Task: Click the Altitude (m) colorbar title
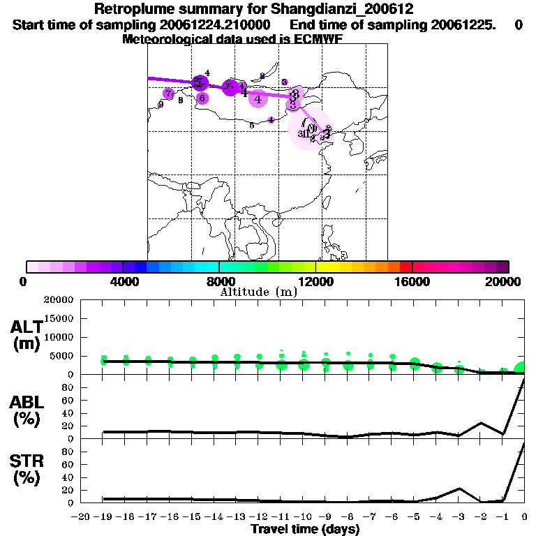pos(258,292)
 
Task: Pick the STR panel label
pos(26,470)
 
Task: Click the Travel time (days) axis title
pos(305,530)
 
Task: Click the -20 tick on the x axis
pos(82,517)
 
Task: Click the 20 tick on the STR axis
pos(68,490)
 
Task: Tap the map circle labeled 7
pos(168,94)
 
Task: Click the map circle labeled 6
pos(202,98)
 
